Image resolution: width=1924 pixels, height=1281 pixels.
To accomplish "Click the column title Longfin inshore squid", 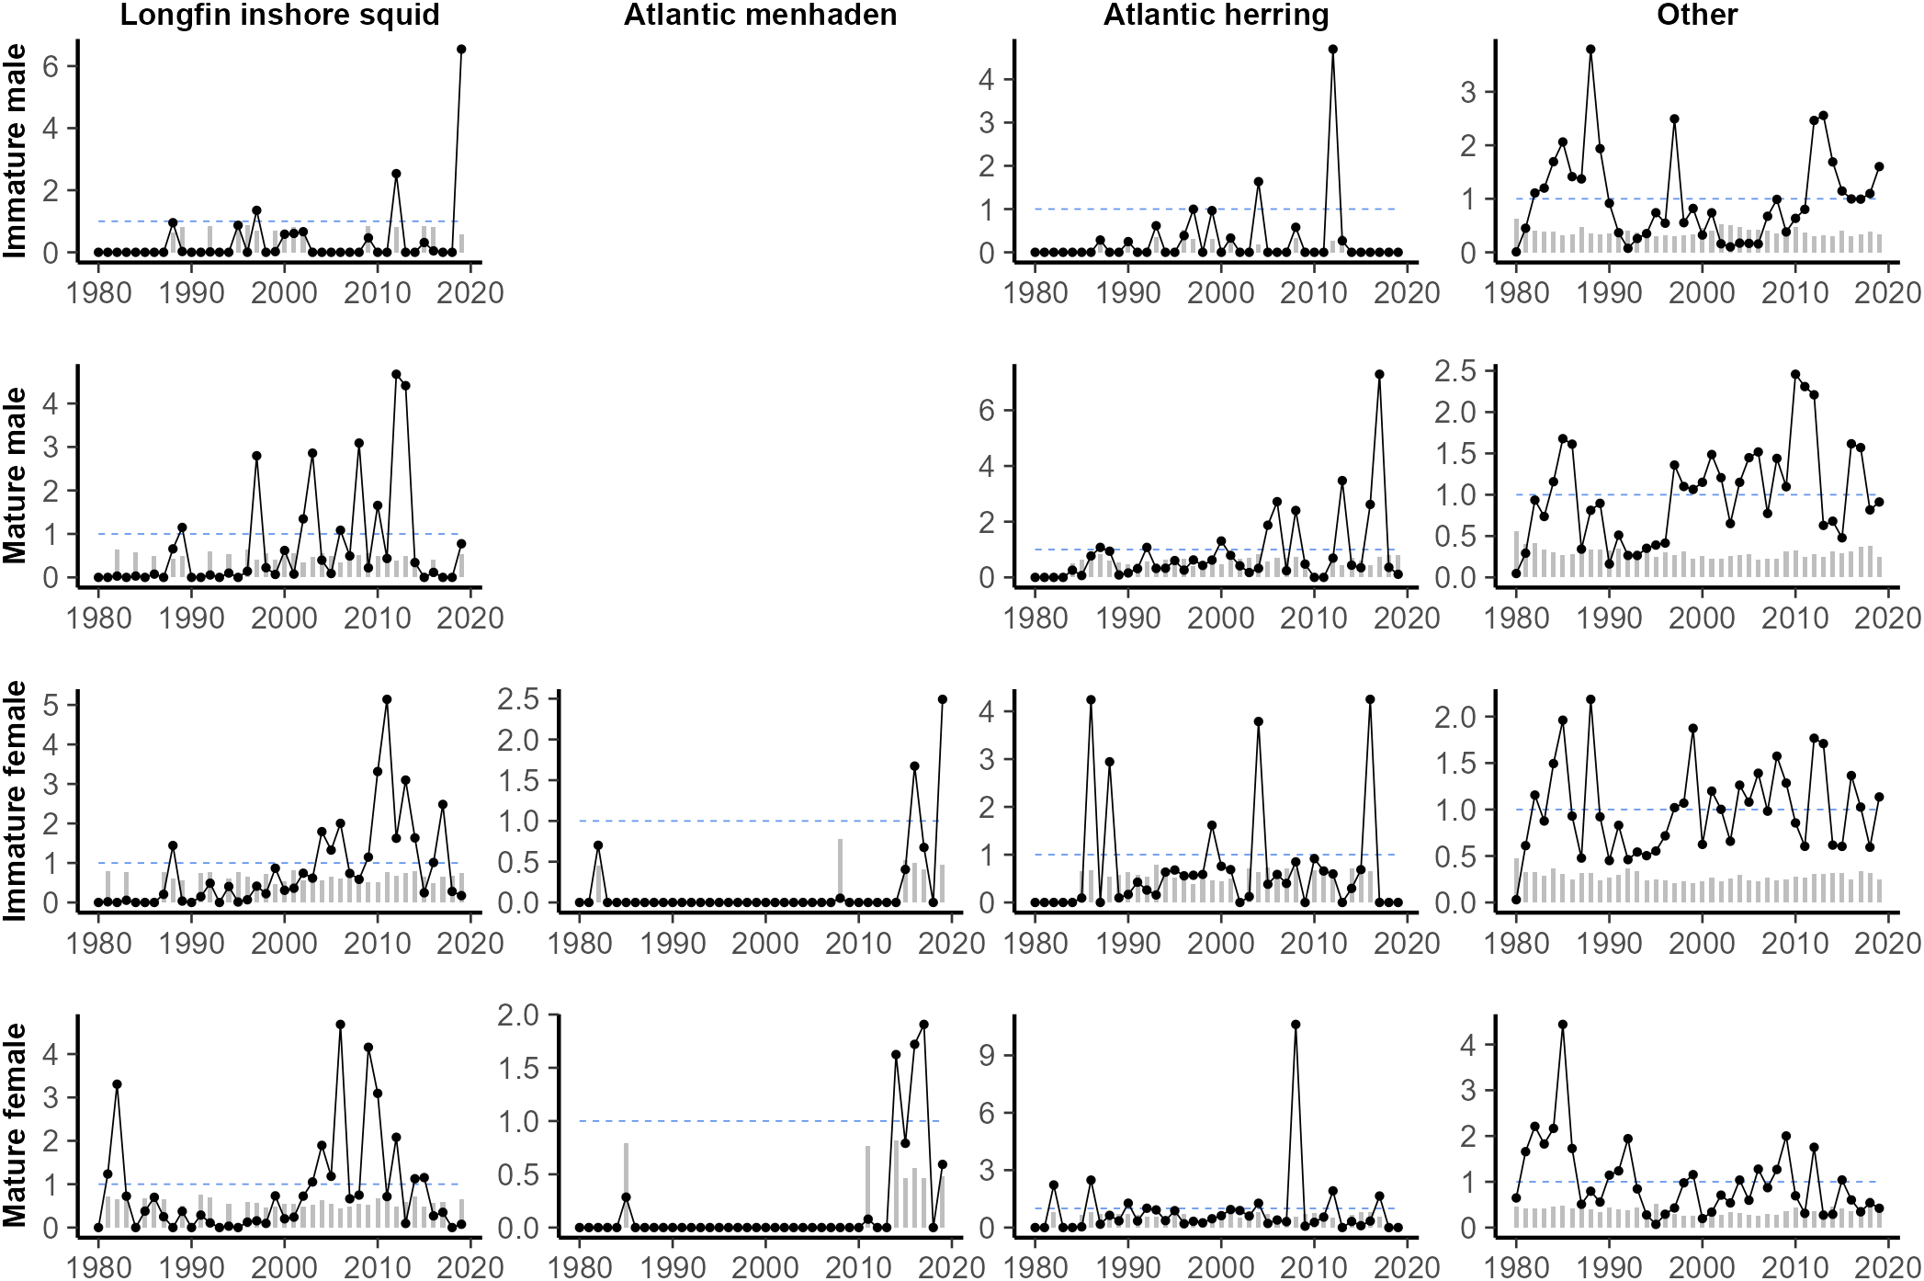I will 279,15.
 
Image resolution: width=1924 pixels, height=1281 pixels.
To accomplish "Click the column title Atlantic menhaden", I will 760,15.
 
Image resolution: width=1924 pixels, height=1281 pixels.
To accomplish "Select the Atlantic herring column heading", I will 1216,15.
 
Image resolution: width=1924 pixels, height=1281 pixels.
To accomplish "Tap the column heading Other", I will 1696,15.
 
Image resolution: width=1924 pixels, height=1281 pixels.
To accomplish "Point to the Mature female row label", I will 15,1125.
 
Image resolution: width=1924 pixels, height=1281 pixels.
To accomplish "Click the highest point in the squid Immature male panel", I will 461,50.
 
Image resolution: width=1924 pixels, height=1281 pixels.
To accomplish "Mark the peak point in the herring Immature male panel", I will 1332,50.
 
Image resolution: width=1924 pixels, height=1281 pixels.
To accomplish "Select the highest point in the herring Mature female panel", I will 1296,1025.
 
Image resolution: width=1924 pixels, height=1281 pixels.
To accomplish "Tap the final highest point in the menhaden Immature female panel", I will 943,699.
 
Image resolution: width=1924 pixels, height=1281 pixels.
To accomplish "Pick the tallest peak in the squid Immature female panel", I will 387,699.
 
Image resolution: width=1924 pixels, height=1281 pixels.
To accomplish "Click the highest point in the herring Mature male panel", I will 1379,374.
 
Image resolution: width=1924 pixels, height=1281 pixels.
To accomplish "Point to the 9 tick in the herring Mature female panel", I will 986,1055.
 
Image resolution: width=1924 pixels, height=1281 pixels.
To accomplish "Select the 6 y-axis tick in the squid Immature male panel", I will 50,65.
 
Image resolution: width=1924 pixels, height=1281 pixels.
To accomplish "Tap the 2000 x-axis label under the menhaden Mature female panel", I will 765,1267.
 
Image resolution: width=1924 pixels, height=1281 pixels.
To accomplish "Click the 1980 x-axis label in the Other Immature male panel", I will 1517,293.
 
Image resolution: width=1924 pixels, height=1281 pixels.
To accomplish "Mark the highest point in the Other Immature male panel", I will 1590,50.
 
